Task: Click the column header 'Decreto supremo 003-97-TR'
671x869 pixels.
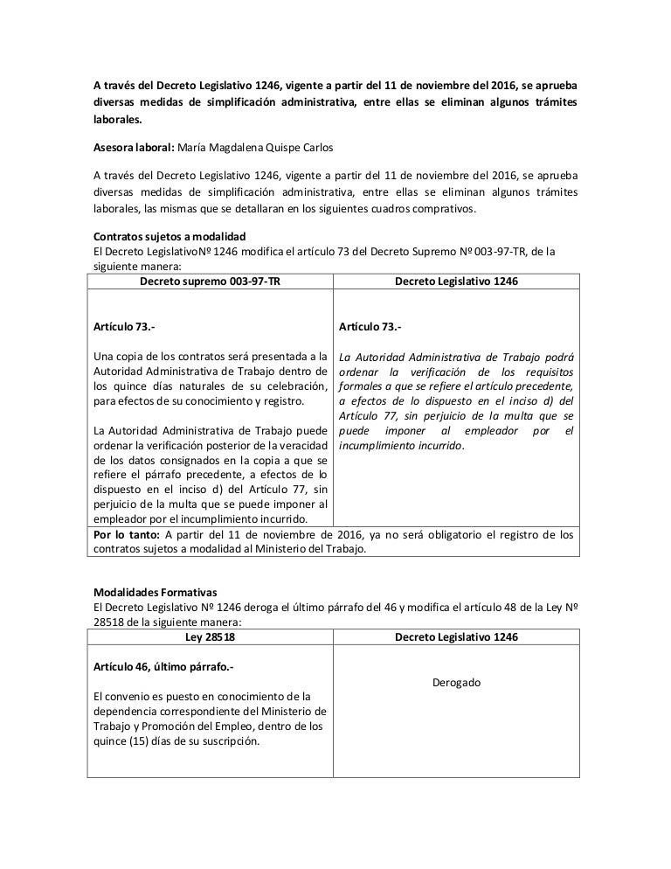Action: (x=211, y=282)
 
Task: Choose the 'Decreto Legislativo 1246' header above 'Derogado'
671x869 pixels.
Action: (x=456, y=637)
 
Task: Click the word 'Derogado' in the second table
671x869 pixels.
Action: (x=456, y=682)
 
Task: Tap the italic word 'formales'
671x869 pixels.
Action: (x=358, y=386)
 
